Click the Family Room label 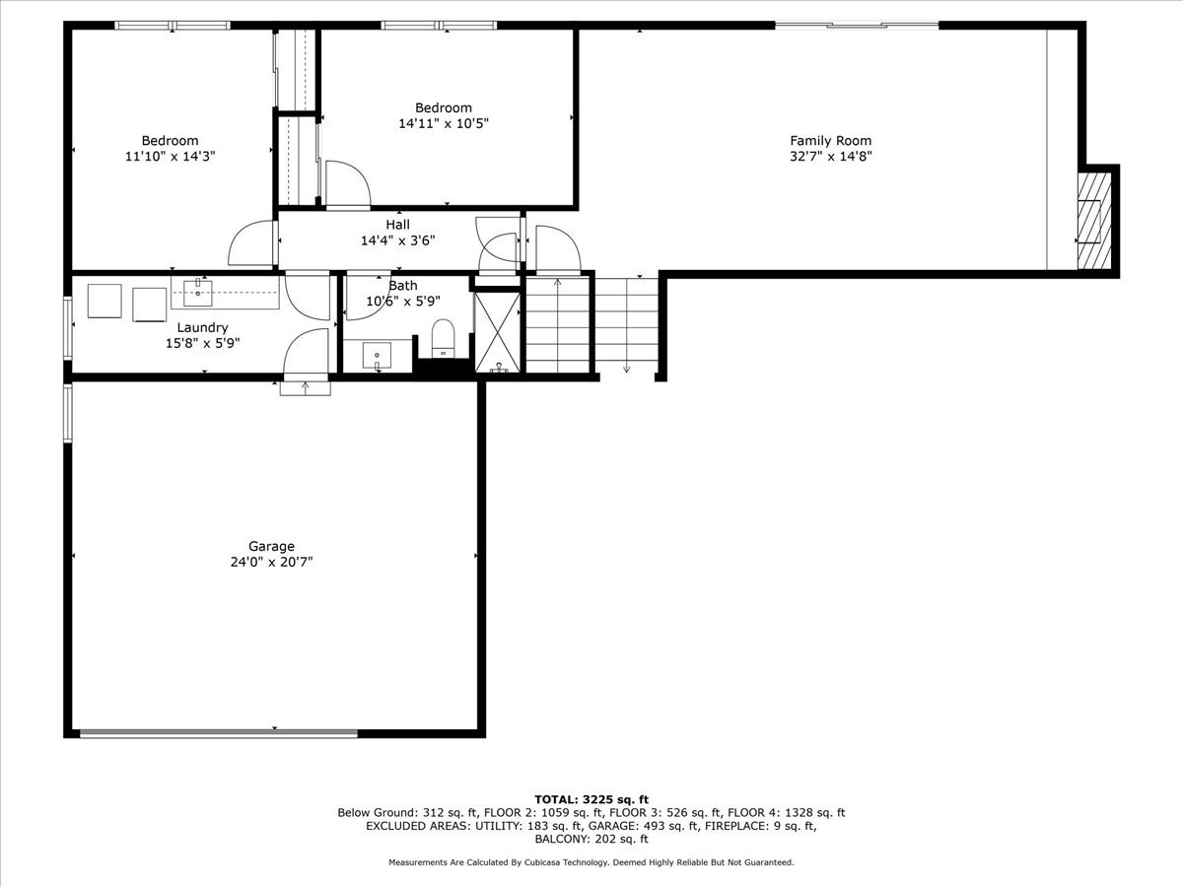pyautogui.click(x=830, y=141)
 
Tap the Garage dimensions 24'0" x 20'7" pyautogui.click(x=271, y=562)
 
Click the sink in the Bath pyautogui.click(x=377, y=354)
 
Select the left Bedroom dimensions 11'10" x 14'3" pyautogui.click(x=170, y=156)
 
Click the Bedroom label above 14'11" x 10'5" pyautogui.click(x=443, y=107)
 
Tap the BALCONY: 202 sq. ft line pyautogui.click(x=591, y=840)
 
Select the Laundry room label pyautogui.click(x=202, y=327)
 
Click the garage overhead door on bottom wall pyautogui.click(x=219, y=732)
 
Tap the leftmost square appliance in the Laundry pyautogui.click(x=104, y=301)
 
